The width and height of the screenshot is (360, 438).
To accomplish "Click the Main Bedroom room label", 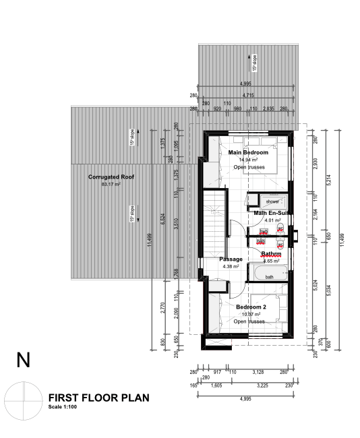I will (249, 152).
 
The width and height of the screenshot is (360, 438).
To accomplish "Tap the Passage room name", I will (231, 259).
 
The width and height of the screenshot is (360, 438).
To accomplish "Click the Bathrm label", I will (271, 254).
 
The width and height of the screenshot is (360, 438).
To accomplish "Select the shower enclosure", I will (271, 201).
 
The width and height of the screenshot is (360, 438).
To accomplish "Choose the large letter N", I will (24, 360).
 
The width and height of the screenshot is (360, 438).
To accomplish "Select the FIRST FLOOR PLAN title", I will (99, 398).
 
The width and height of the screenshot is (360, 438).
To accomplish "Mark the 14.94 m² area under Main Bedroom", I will (249, 160).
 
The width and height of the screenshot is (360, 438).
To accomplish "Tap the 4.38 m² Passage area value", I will (231, 266).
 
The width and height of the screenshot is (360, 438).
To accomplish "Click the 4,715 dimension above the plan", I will (248, 96).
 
